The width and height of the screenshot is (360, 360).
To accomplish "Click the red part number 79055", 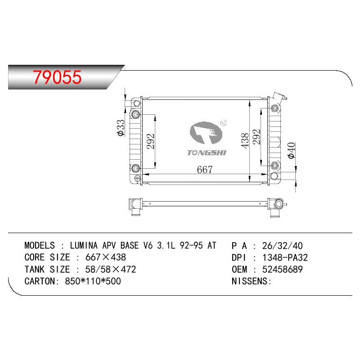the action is [57, 77].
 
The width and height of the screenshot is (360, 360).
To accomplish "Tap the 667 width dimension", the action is [205, 170].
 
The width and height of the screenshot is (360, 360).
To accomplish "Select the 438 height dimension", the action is [245, 140].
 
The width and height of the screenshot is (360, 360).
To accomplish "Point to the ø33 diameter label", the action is [121, 128].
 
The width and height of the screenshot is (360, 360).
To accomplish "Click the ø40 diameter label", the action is [291, 150].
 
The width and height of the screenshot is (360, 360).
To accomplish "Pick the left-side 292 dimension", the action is [151, 141].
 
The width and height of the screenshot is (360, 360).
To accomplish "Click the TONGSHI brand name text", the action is [207, 153].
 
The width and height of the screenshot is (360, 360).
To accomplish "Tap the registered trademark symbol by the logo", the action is [223, 123].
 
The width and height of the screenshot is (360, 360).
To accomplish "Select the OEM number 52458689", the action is [283, 269].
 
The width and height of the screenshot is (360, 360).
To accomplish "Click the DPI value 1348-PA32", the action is [285, 257].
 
